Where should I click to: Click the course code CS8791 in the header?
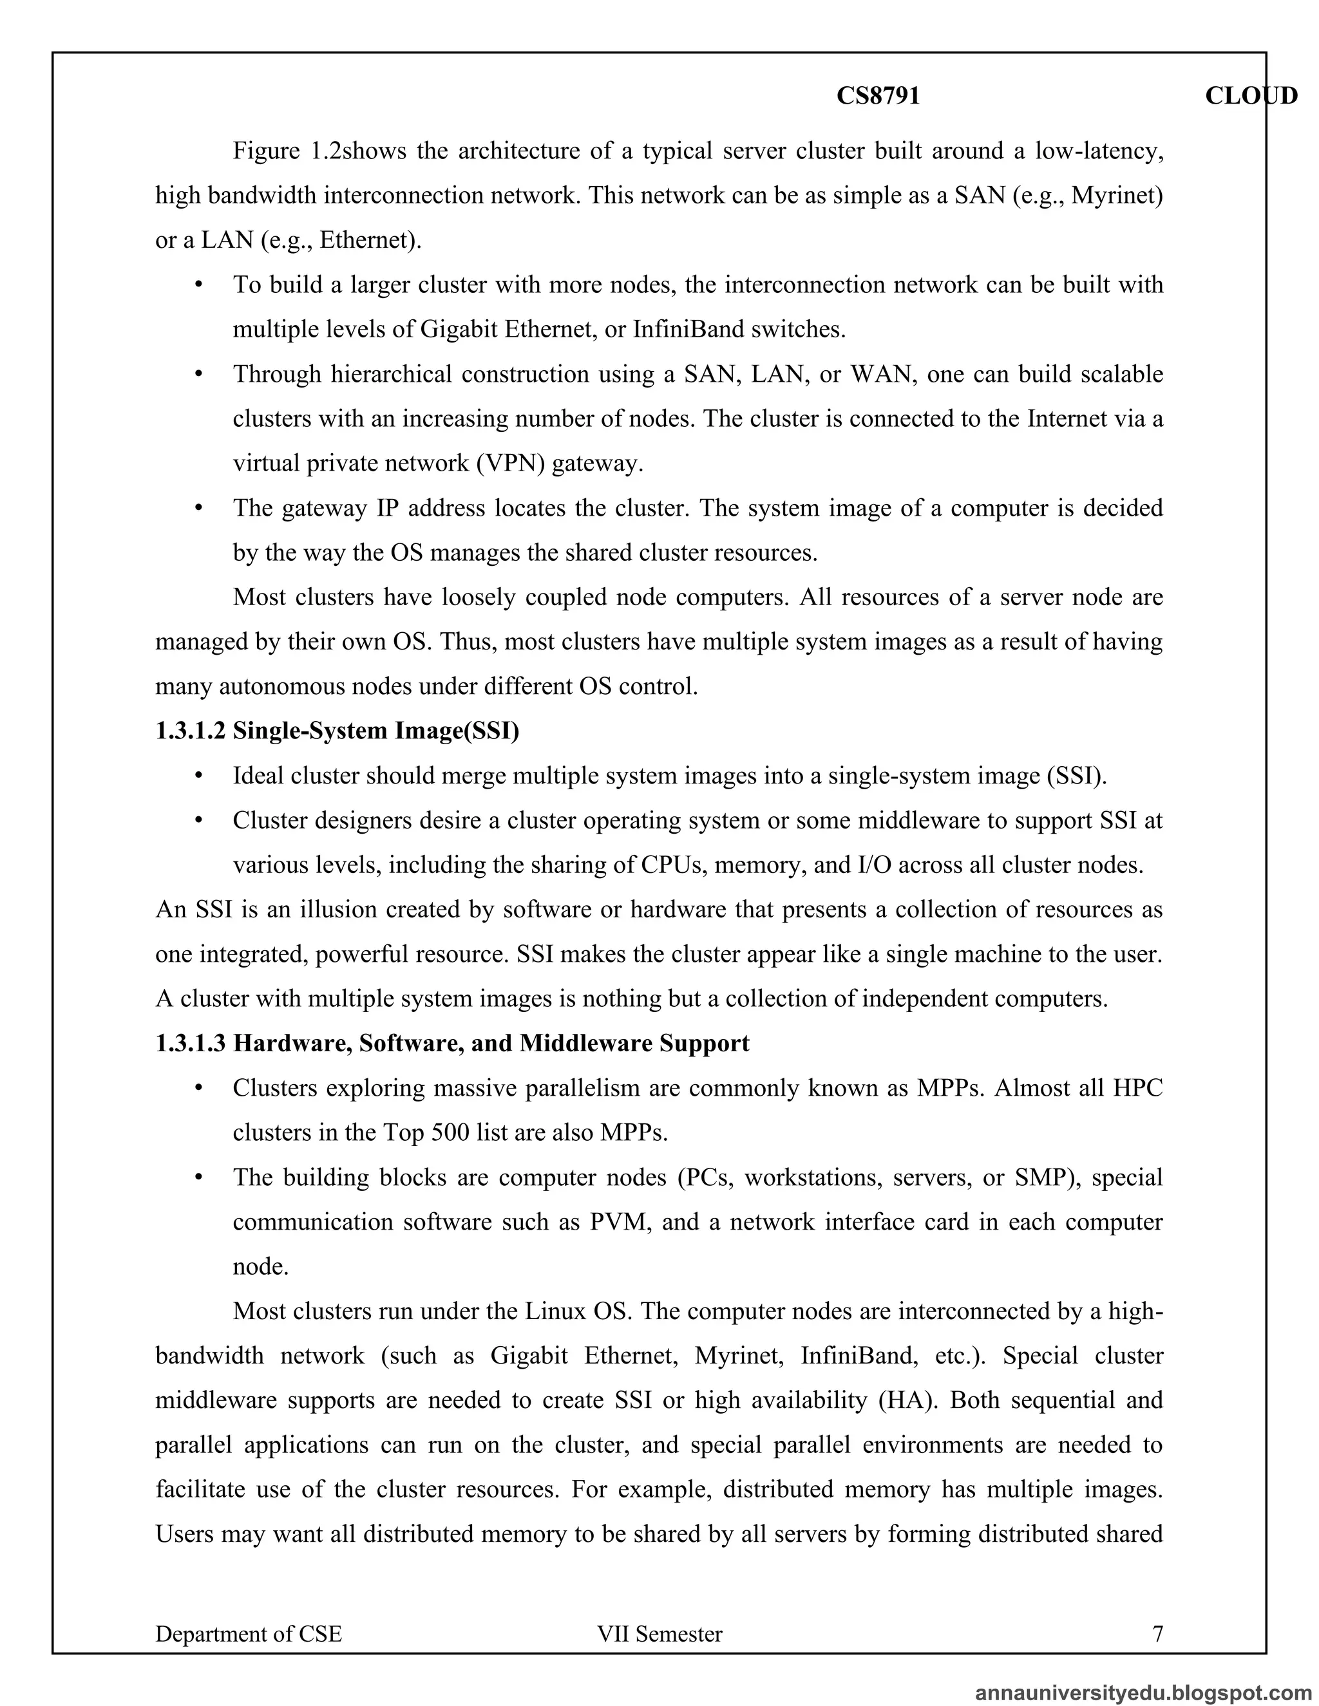click(878, 95)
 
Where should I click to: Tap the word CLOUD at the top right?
click(1250, 95)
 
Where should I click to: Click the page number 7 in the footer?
click(1157, 1633)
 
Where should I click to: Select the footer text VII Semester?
click(659, 1633)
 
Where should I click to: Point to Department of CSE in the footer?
click(249, 1633)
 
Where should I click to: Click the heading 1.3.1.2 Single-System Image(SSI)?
click(337, 731)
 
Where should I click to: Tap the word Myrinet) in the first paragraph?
click(1117, 194)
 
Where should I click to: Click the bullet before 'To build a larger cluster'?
click(198, 285)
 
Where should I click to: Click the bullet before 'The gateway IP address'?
click(198, 508)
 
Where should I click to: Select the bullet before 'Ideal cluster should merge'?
click(198, 776)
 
